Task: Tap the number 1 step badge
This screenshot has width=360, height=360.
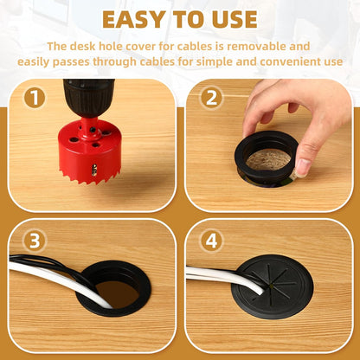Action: point(34,98)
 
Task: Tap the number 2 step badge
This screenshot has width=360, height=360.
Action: point(211,98)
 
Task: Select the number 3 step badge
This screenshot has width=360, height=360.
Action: point(34,240)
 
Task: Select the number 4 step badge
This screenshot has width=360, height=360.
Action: point(211,240)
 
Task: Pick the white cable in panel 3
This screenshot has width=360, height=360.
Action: point(52,276)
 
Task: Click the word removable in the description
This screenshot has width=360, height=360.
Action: point(248,46)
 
